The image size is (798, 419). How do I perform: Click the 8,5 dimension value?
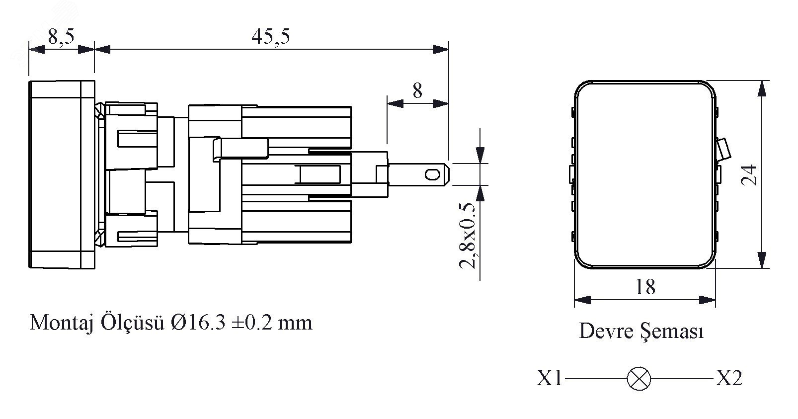point(62,37)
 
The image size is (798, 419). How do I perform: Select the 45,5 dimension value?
point(270,37)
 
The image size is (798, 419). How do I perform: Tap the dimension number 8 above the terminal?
point(417,91)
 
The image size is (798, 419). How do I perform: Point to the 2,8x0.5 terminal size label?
point(468,236)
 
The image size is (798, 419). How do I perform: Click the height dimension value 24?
point(749,174)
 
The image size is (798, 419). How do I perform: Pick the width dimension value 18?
point(645,287)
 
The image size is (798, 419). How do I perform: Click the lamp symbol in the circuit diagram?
point(638,379)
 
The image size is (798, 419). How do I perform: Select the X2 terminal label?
point(729,379)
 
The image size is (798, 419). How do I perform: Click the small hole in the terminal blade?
point(431,174)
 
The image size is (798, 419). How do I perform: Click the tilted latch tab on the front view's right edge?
point(724,149)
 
